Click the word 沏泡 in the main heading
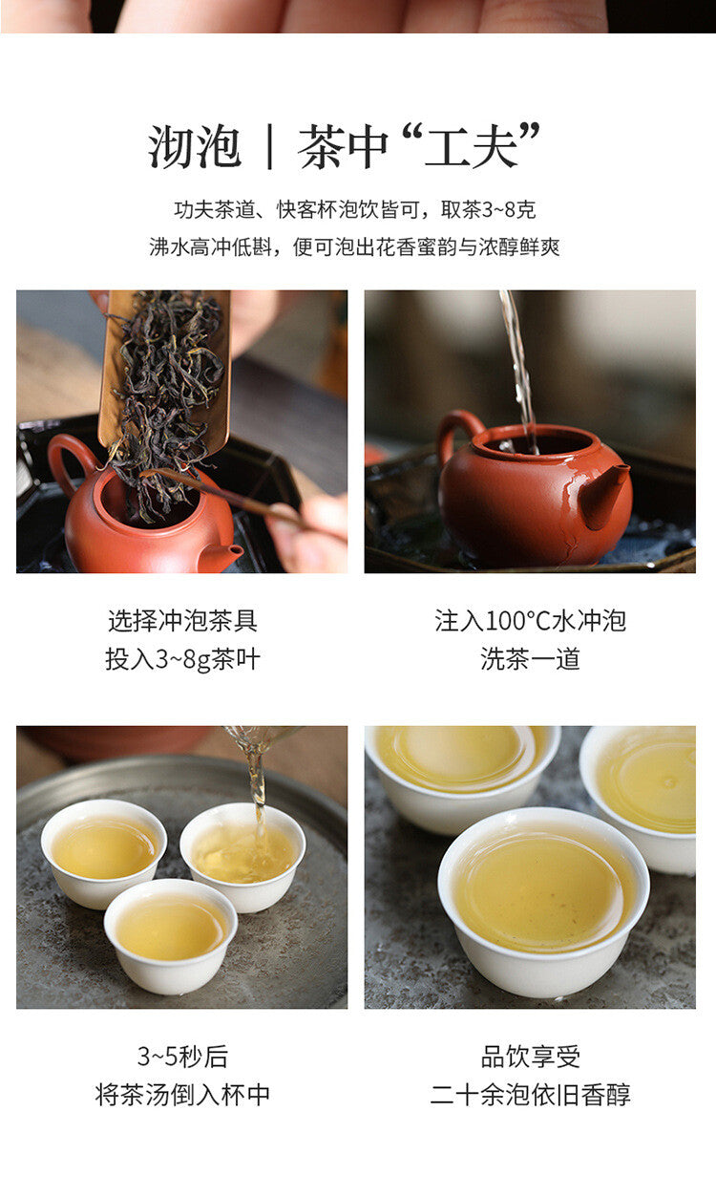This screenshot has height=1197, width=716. click(195, 146)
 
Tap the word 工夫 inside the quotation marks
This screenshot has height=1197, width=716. click(471, 146)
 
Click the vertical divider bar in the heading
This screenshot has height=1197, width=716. click(269, 146)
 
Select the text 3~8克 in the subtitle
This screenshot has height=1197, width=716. click(509, 210)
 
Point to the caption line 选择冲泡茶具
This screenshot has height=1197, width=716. click(182, 620)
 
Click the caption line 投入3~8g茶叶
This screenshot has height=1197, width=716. click(182, 659)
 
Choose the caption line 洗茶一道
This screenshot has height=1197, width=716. click(530, 659)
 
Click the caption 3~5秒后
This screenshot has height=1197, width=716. click(182, 1057)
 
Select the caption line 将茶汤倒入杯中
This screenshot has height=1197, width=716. click(182, 1095)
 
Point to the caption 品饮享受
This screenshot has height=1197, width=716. click(530, 1057)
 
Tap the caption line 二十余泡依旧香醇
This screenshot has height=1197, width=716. click(530, 1095)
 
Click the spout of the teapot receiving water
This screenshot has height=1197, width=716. click(604, 494)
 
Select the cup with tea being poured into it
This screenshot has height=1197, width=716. click(242, 856)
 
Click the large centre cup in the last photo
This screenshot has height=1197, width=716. click(543, 901)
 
